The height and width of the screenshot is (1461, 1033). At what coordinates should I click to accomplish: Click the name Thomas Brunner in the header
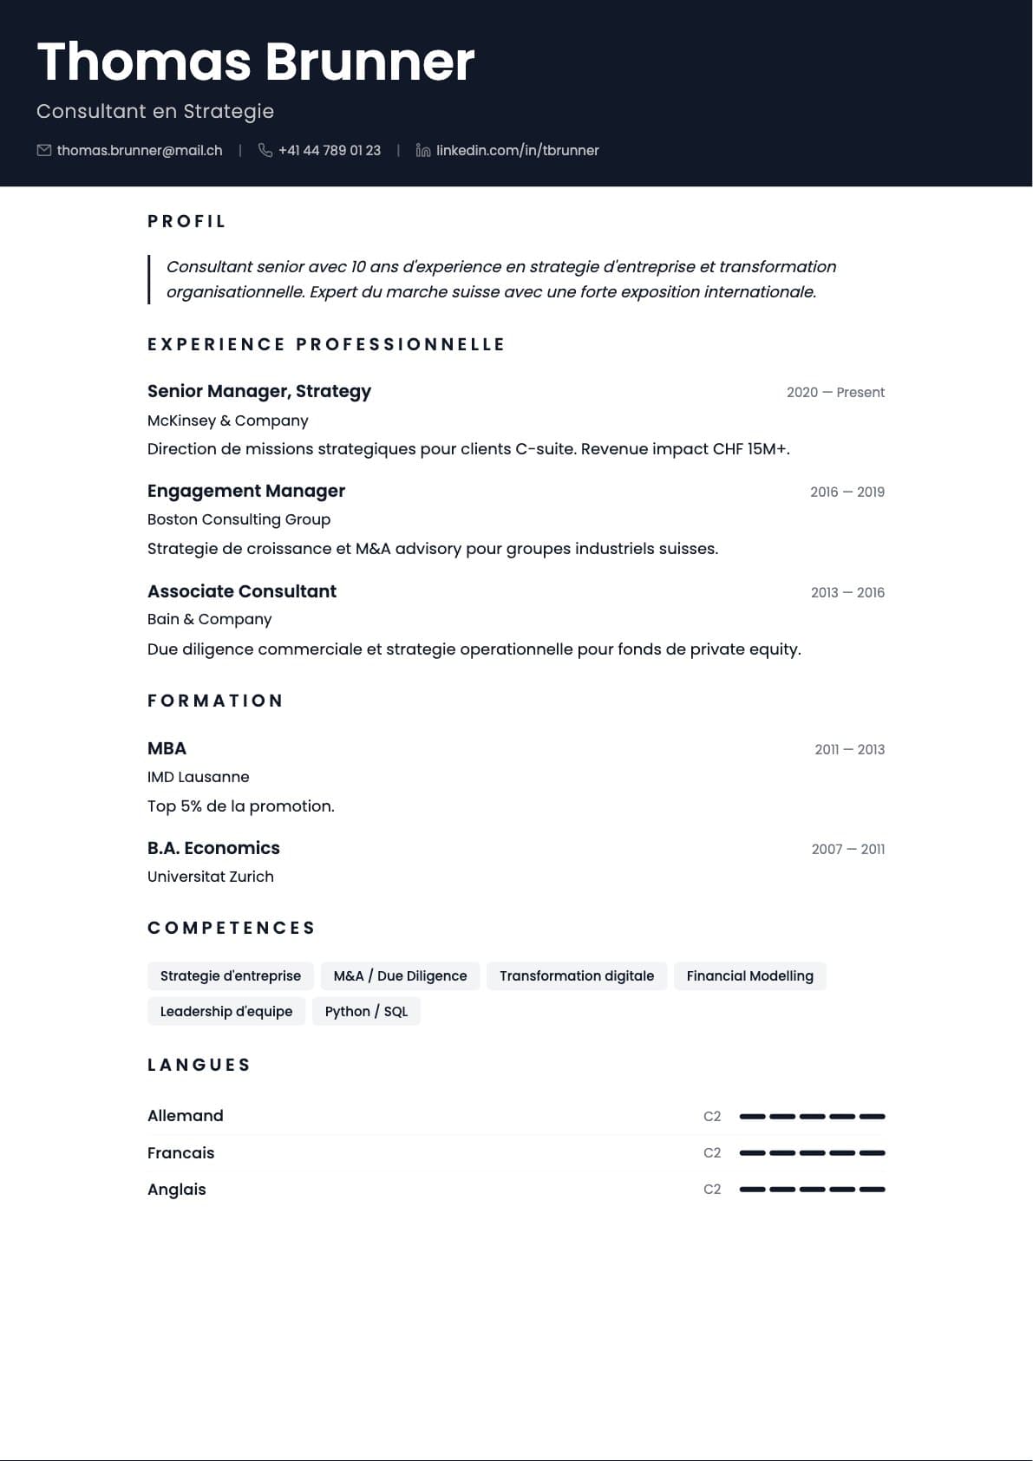[x=256, y=62]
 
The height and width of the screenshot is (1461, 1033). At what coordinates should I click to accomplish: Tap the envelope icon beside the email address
[x=44, y=151]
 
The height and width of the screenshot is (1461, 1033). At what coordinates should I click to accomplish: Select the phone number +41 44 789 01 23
[x=329, y=151]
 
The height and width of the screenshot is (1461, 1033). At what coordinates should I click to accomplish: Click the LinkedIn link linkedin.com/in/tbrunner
[x=517, y=151]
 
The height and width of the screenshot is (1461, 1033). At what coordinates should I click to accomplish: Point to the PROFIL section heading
[x=186, y=222]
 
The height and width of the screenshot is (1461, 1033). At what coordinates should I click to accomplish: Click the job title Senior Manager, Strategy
[x=259, y=391]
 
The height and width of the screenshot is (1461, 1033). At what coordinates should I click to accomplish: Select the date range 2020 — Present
[x=835, y=393]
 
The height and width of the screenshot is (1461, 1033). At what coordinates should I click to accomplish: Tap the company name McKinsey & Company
[x=227, y=421]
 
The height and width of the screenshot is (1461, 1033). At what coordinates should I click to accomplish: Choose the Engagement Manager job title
[x=246, y=491]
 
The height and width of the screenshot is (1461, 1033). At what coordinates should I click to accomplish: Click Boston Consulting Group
[x=239, y=519]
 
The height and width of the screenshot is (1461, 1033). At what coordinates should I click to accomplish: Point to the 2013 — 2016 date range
[x=847, y=593]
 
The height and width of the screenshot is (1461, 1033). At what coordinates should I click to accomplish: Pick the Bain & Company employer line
[x=209, y=619]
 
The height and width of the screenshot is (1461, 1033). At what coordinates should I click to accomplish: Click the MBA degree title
[x=167, y=748]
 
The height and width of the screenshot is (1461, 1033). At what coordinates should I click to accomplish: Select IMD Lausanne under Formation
[x=198, y=777]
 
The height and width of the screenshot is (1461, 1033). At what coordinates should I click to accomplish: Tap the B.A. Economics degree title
[x=213, y=848]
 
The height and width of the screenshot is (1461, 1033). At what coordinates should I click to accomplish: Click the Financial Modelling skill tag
[x=749, y=976]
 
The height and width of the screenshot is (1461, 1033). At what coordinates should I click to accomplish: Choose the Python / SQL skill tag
[x=366, y=1012]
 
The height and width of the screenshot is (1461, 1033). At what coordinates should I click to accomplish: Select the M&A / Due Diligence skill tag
[x=400, y=976]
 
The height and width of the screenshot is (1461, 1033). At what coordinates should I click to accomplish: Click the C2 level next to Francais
[x=712, y=1153]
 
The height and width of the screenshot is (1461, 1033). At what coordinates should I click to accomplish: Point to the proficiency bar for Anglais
[x=812, y=1190]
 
